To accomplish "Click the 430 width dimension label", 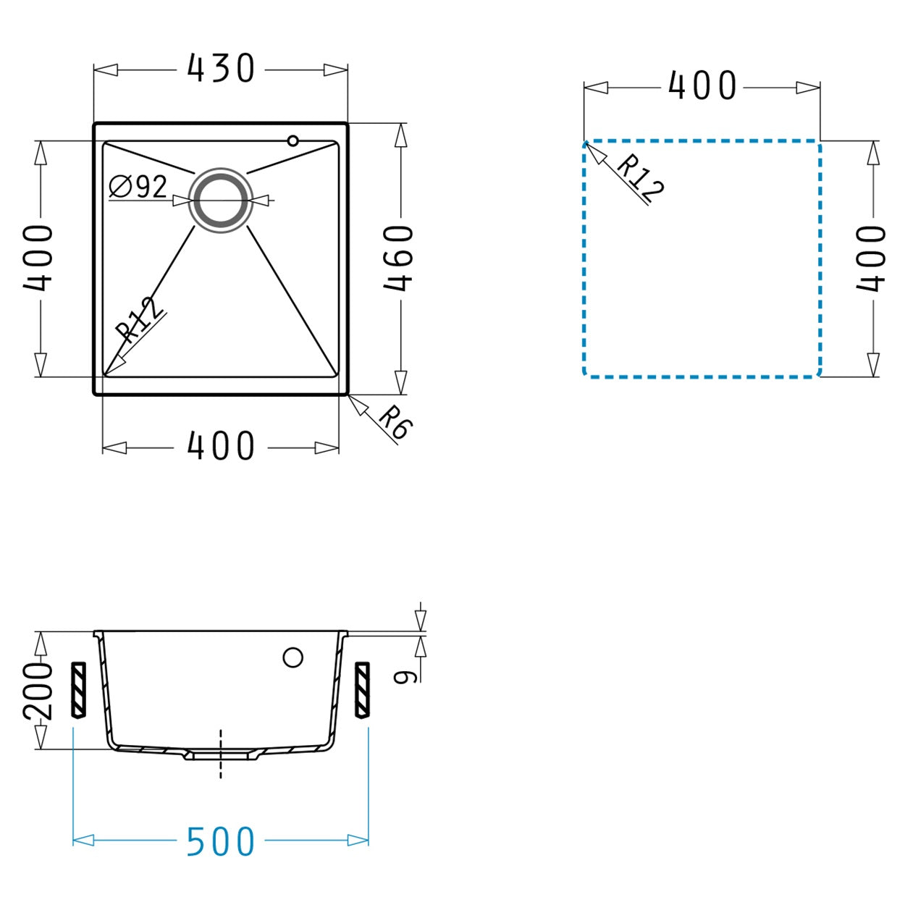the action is (x=221, y=68).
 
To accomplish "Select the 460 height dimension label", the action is (x=398, y=258).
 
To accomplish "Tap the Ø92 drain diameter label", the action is (x=138, y=187).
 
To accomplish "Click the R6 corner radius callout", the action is (x=395, y=421).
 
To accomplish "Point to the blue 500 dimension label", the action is (x=221, y=840).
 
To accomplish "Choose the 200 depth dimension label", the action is (x=38, y=691).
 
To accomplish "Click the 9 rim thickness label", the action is (x=405, y=677).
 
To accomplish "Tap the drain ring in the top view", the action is (x=221, y=200).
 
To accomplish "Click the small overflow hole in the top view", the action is (x=293, y=140).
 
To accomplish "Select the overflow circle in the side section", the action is (x=292, y=657).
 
